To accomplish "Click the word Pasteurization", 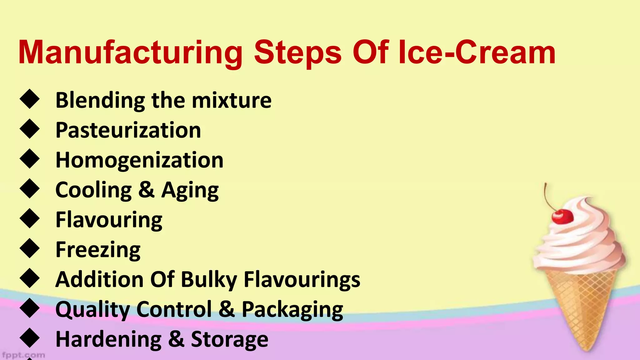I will (x=128, y=130).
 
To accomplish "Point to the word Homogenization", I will (x=139, y=160).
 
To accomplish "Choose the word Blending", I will (x=100, y=100).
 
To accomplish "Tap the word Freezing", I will (x=98, y=250).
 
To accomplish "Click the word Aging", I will (x=190, y=190).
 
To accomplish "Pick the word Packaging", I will (x=292, y=309).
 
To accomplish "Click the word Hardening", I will (x=108, y=339).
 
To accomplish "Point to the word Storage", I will (x=230, y=339).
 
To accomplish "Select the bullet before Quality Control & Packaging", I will (x=30, y=308).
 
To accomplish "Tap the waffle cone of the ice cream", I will (x=581, y=306).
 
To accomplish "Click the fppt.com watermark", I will (x=23, y=355).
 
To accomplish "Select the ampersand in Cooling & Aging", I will (x=146, y=190).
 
